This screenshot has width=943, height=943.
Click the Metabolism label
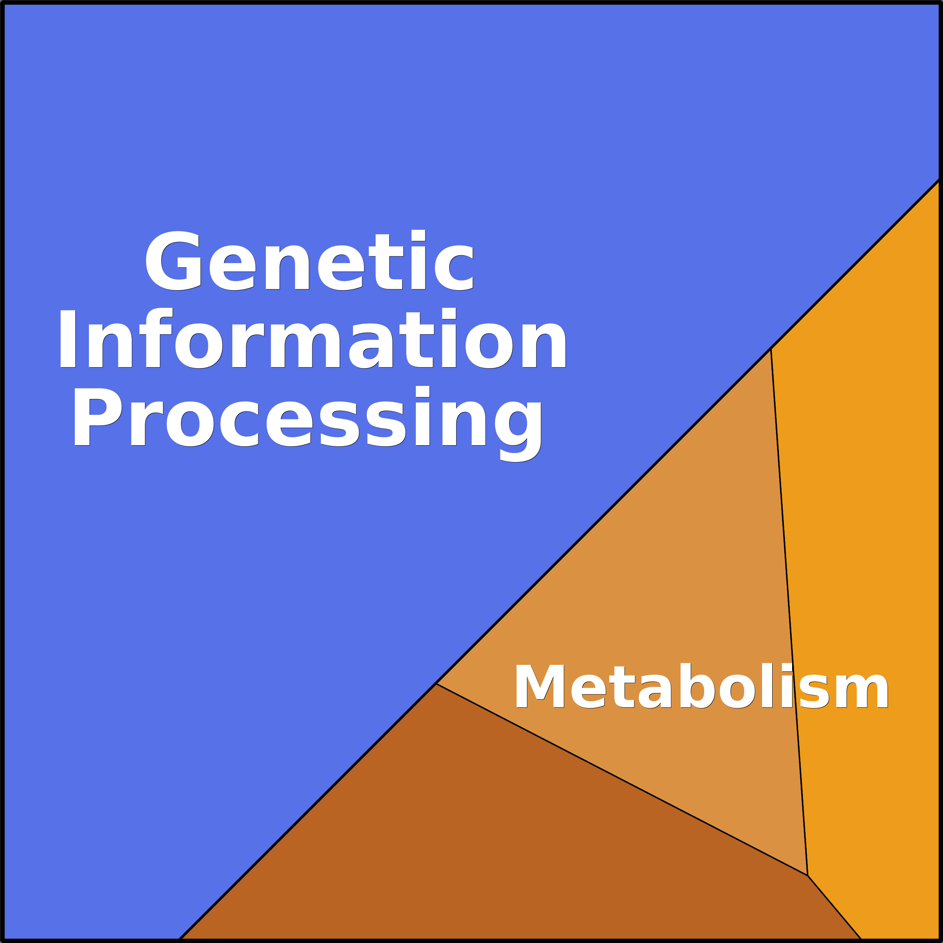click(x=701, y=686)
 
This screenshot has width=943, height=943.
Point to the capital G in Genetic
click(x=173, y=261)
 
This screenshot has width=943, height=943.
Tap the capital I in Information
click(x=67, y=339)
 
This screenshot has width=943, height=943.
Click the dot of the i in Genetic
click(x=418, y=235)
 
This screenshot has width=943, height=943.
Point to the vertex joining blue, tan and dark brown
click(x=436, y=684)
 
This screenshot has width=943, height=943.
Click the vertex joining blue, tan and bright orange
click(x=771, y=349)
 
